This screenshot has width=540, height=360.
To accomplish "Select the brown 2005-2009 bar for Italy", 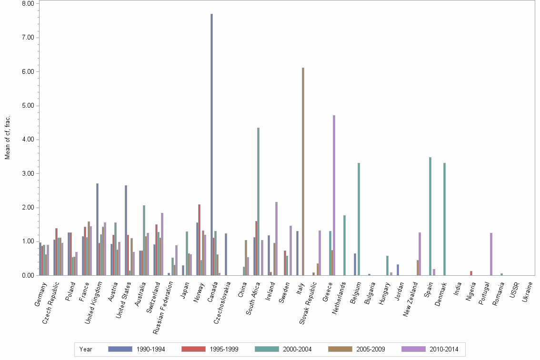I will coord(303,171).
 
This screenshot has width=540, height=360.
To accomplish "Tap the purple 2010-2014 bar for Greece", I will coord(334,195).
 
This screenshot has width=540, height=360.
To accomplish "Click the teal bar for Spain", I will coord(430,216).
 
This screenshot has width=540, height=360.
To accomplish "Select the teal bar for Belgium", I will coord(359,219).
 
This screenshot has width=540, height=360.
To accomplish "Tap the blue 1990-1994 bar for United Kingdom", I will coord(97,229).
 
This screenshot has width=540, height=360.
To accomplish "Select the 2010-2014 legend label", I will coord(444,349).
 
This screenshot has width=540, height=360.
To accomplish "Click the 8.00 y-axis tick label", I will coord(28,3).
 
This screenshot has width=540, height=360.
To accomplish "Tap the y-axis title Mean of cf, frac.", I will coord(7,139).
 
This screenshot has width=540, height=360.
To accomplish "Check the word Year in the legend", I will coord(86,349).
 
